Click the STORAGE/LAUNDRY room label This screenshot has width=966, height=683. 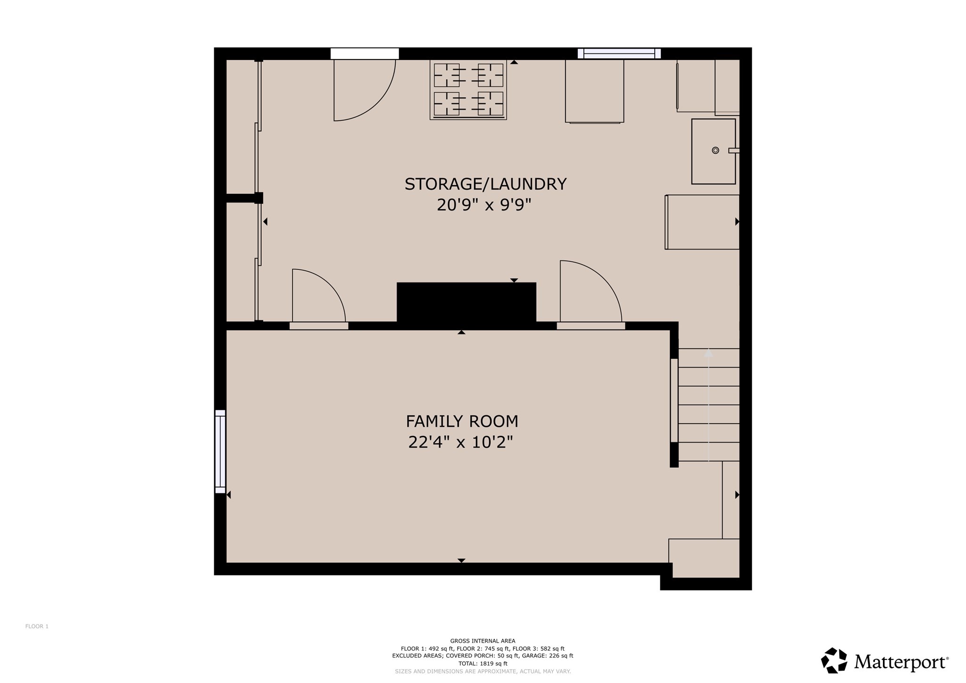click(x=485, y=184)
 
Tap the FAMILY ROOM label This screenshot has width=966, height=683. click(x=462, y=421)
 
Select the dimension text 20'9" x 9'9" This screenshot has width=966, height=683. click(x=484, y=205)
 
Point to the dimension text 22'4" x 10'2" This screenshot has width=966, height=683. click(x=461, y=442)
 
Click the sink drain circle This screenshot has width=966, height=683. click(x=715, y=150)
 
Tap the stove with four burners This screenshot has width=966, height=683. click(x=468, y=90)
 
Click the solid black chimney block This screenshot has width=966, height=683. click(x=466, y=302)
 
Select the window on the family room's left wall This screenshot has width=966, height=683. click(x=220, y=451)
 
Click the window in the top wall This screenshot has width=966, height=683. click(x=619, y=54)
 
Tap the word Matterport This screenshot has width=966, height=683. click(x=900, y=662)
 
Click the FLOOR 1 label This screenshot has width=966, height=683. click(x=37, y=626)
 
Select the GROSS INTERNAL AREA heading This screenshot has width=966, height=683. click(x=483, y=641)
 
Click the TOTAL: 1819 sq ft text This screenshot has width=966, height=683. click(x=483, y=663)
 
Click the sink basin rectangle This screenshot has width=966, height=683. click(x=713, y=151)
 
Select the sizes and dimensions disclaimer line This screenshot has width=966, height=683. click(x=483, y=671)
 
